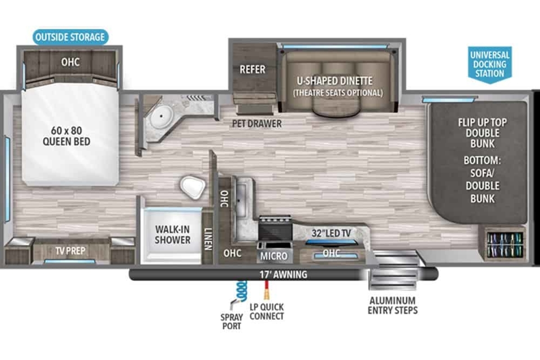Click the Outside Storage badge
70,37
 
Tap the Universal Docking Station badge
490,64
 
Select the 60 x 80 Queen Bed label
67,136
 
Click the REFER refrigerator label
252,69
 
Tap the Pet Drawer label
257,124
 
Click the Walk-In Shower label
173,234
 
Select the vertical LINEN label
208,239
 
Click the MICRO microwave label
274,256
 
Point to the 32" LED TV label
331,233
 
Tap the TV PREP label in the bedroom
70,251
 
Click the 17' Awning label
283,274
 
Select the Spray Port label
232,321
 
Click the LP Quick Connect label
266,311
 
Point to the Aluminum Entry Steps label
393,306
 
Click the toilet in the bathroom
193,187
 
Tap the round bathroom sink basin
161,116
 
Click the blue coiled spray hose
241,291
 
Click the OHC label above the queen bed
70,62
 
